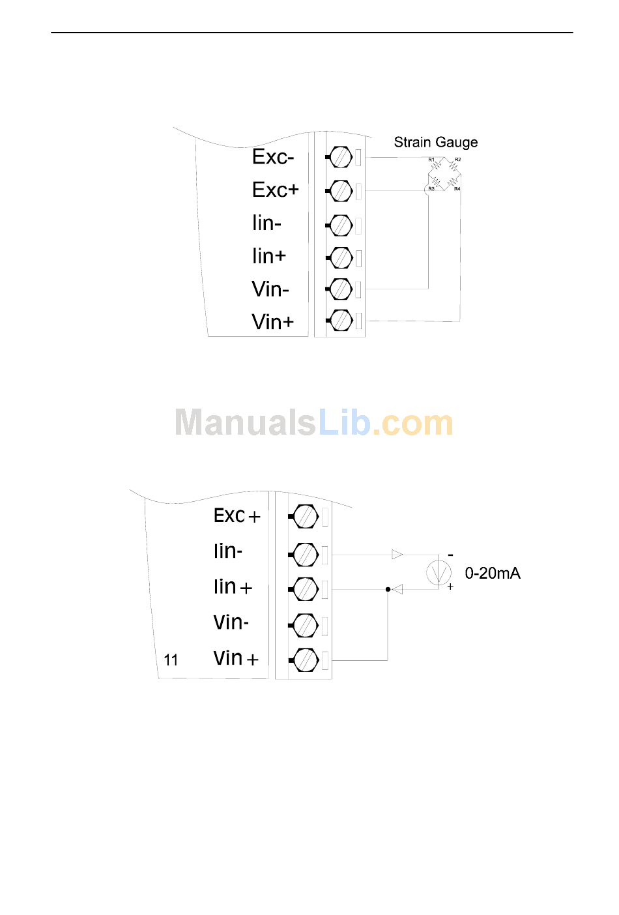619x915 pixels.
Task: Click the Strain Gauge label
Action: [435, 143]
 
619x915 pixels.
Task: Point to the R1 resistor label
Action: [431, 160]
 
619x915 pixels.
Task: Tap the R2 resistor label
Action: [457, 160]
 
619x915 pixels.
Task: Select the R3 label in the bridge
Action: [431, 189]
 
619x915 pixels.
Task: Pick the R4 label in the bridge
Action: [457, 189]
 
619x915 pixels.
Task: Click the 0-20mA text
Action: [492, 574]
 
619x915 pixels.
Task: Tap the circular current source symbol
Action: [439, 572]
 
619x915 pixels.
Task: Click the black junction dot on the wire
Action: [388, 589]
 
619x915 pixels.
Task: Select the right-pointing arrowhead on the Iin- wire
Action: [397, 555]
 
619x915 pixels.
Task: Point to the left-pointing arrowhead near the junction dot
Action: [397, 589]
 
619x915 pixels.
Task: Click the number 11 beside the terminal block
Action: [171, 660]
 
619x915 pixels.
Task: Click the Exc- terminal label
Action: [273, 157]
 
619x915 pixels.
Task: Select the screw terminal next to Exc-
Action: [340, 157]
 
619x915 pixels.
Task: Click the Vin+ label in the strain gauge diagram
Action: [272, 322]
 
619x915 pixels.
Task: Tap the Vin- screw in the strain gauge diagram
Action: [340, 289]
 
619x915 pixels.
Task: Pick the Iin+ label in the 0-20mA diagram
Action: [233, 587]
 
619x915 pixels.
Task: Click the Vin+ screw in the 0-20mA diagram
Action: [304, 660]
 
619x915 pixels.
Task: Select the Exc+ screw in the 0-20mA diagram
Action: [304, 517]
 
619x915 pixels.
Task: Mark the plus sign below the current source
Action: [450, 587]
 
